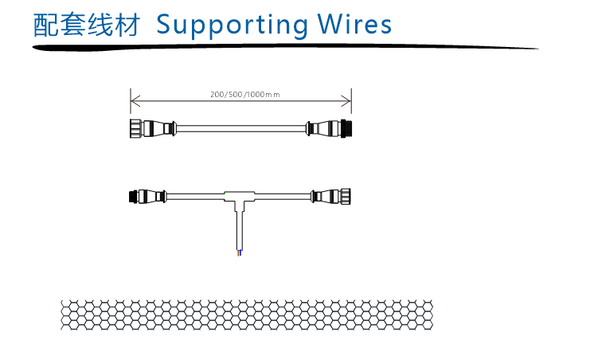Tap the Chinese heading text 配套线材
(x=87, y=25)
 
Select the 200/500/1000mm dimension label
(x=244, y=95)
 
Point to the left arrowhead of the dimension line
(x=134, y=100)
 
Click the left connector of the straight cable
(x=151, y=127)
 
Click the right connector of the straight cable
(x=330, y=127)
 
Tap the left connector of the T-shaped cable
(x=147, y=195)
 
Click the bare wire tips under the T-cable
(x=240, y=252)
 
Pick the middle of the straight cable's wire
(x=240, y=127)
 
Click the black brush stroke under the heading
(x=279, y=47)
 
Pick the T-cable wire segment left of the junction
(x=195, y=195)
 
